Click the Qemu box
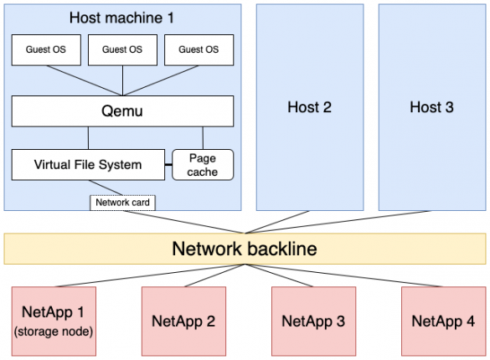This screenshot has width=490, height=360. click(122, 111)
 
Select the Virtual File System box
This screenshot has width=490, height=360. click(88, 164)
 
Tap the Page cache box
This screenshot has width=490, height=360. click(203, 164)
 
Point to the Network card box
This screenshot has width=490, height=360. click(123, 202)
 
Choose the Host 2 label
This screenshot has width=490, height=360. click(309, 107)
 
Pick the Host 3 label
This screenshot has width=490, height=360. click(431, 107)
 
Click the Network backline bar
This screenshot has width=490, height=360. click(245, 249)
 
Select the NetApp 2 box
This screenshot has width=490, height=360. click(183, 321)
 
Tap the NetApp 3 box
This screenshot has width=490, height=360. click(313, 321)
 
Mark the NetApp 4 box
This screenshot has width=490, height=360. click(443, 321)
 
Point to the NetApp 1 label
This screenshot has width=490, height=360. click(54, 312)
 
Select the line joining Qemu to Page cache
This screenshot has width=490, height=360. click(202, 137)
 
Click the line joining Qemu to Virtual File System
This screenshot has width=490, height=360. click(88, 137)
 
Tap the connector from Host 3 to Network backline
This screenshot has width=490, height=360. click(335, 222)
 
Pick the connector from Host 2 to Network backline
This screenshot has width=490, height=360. click(276, 222)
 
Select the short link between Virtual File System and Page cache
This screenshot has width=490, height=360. click(168, 164)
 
